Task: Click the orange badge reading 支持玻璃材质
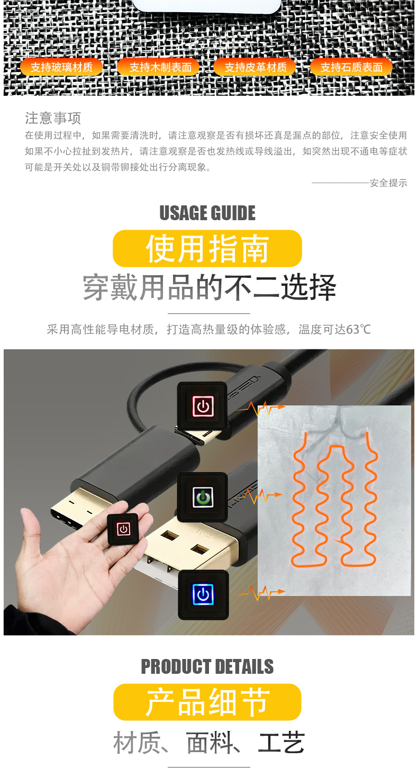[62, 67]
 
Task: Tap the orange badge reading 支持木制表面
[158, 67]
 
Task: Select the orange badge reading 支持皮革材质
[255, 67]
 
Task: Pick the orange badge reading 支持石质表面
[351, 67]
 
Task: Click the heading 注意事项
[53, 118]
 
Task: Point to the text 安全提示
[388, 183]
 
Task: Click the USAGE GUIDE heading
[207, 213]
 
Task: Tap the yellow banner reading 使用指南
[207, 249]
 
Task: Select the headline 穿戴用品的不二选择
[210, 287]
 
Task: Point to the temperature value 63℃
[358, 330]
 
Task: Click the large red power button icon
[203, 406]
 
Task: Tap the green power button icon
[203, 497]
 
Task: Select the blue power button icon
[203, 595]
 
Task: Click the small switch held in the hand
[123, 529]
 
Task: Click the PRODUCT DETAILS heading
[207, 666]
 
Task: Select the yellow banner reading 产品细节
[207, 702]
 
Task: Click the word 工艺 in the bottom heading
[281, 742]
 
